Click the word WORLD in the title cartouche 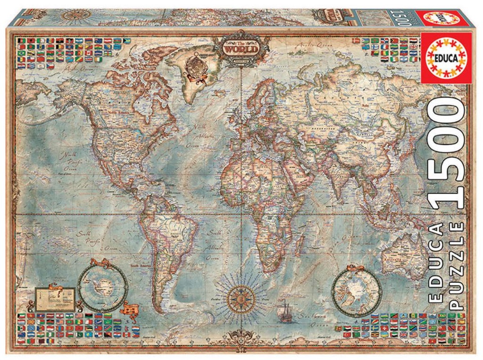tap(241, 48)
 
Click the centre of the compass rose tap(242, 298)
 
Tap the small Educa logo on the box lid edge tap(436, 18)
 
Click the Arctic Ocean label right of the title tap(307, 46)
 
